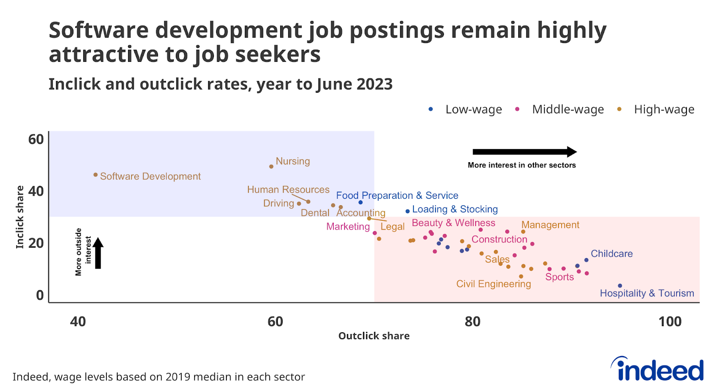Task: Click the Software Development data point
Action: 95,175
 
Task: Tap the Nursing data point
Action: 271,167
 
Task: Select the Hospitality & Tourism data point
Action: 620,286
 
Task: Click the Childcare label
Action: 611,254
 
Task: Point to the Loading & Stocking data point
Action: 408,211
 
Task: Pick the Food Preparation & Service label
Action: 397,195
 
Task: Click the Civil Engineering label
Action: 493,284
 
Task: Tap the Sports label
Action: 559,277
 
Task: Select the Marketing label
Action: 348,226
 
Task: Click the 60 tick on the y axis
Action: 36,139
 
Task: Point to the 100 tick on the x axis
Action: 670,322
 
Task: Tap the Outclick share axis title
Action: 374,336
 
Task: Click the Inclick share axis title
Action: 20,217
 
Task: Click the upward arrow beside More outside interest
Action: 98,253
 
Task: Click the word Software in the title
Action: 99,30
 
